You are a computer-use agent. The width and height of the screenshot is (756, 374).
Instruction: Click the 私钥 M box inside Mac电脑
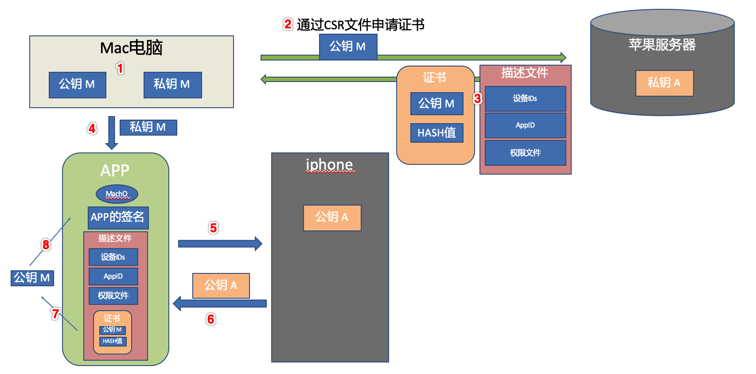[172, 85]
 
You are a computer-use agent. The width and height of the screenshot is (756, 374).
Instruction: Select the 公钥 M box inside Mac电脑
[77, 85]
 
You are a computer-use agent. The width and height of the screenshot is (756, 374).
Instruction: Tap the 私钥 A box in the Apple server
[664, 83]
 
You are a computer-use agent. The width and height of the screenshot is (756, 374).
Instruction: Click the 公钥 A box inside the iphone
[332, 218]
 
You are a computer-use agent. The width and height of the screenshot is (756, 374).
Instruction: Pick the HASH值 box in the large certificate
[436, 133]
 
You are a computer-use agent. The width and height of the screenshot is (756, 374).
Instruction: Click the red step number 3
[477, 98]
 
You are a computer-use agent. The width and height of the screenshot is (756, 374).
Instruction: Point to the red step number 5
[213, 228]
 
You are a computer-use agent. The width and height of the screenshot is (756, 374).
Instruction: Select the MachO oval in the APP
[117, 194]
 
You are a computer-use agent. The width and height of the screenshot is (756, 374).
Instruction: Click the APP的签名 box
[118, 217]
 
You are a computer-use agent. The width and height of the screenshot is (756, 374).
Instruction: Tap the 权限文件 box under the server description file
[525, 153]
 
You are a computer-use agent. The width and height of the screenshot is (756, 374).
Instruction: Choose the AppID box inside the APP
[113, 277]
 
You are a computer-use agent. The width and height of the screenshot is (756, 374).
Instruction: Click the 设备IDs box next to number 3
[525, 98]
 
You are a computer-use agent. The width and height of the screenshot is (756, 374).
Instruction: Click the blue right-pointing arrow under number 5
[220, 244]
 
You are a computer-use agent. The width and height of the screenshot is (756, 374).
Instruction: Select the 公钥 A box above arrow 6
[221, 285]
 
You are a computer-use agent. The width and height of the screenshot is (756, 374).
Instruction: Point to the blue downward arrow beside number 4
[112, 132]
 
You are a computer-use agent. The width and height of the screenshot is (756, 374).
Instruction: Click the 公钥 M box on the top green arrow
[348, 47]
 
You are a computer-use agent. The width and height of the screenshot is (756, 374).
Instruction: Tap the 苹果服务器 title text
[662, 45]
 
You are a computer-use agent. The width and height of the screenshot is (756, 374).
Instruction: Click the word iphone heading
[329, 164]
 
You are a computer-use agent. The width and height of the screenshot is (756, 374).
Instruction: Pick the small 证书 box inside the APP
[113, 332]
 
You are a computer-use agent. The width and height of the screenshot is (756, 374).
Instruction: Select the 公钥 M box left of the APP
[32, 278]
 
